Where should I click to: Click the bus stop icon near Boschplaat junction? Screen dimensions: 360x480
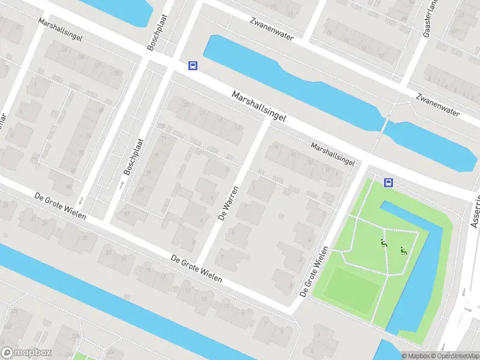tap(193, 65)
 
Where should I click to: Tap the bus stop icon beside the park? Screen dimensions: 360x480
tap(388, 182)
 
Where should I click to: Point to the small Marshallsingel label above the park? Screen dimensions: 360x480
tap(332, 154)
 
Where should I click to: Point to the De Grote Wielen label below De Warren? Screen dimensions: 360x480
tap(196, 269)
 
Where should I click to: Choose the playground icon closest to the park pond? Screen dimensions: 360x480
tap(404, 251)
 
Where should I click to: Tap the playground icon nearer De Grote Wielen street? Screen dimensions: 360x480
tap(383, 243)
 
